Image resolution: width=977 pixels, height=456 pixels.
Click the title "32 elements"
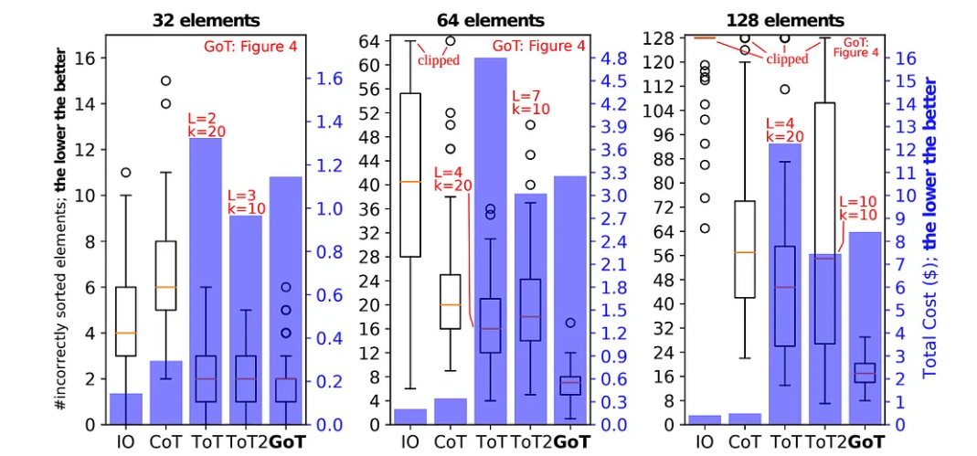[x=206, y=19]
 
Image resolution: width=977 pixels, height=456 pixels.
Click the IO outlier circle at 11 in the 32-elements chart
[x=126, y=172]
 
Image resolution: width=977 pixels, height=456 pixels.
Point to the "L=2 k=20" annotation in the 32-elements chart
[x=207, y=125]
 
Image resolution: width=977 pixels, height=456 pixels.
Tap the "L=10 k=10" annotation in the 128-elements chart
[x=857, y=208]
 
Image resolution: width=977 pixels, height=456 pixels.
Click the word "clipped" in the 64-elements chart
[x=439, y=60]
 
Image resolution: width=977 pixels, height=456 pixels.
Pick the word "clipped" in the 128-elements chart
[x=787, y=58]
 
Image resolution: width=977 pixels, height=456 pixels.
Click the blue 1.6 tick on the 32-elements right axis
[x=331, y=79]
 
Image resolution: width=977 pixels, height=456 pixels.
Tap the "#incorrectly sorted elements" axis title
[x=65, y=228]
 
